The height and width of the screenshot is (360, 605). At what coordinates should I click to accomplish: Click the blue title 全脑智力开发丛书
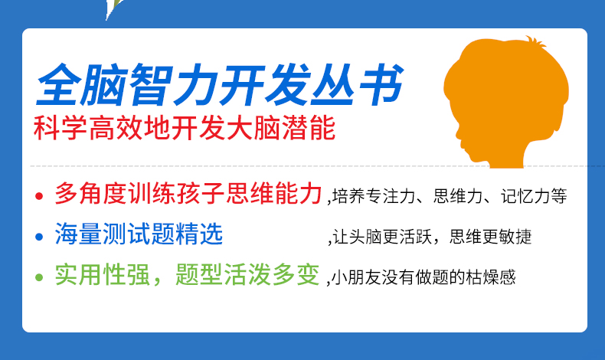click(220, 84)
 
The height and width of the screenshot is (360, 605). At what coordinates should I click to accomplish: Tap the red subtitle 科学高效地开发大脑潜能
click(185, 128)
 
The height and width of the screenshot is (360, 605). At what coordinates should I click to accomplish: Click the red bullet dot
click(38, 196)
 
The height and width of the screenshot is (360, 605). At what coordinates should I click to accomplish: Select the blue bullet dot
click(38, 237)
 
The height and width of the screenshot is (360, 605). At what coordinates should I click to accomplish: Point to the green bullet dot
click(38, 277)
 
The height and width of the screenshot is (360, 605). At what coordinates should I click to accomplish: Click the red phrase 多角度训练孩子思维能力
click(188, 193)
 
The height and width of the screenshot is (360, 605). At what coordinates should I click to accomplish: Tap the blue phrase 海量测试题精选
click(139, 234)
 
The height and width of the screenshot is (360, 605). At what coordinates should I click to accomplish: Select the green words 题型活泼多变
click(247, 274)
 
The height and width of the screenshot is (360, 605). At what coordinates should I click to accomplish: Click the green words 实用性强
click(102, 274)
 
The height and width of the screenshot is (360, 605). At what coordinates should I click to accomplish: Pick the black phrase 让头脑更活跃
click(382, 237)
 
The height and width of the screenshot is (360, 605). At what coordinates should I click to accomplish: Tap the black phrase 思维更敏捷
click(491, 237)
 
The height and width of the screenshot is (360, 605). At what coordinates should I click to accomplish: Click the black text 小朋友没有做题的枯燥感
click(423, 277)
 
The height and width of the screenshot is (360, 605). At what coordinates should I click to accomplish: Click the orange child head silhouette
click(505, 104)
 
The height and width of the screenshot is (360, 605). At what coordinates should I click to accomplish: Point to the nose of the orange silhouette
click(457, 135)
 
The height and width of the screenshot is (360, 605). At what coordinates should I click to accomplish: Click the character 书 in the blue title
click(381, 84)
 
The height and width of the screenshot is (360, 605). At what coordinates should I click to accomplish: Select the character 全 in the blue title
click(59, 84)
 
